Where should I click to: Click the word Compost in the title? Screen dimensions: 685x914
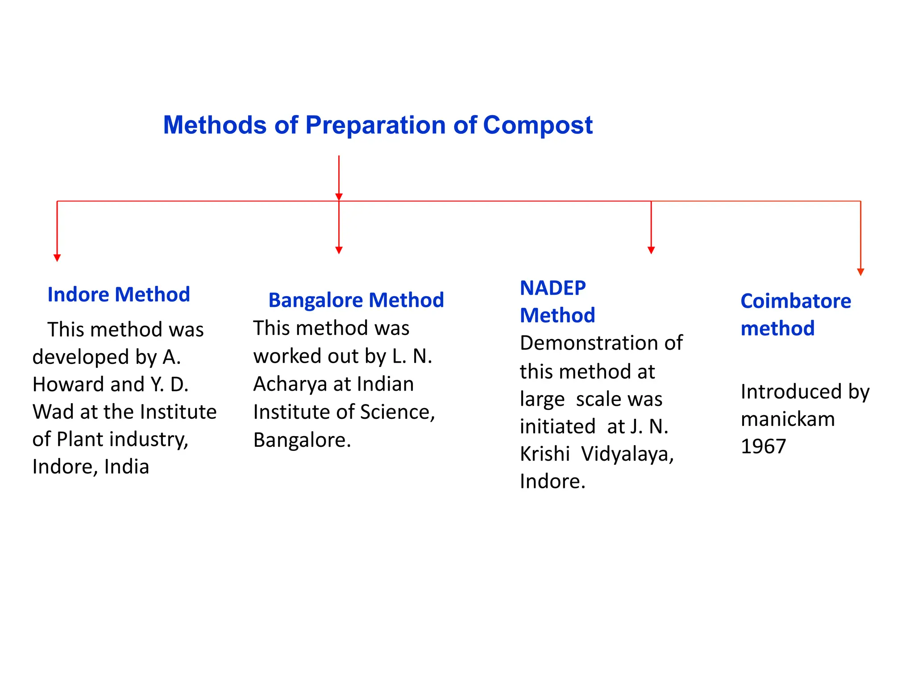pyautogui.click(x=537, y=125)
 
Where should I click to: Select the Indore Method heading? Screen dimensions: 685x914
pyautogui.click(x=119, y=295)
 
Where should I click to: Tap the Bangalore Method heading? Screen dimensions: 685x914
pyautogui.click(x=356, y=300)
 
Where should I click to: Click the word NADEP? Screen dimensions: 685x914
pyautogui.click(x=553, y=288)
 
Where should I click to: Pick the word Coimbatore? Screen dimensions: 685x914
pyautogui.click(x=795, y=301)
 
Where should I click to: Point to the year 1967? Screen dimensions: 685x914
pyautogui.click(x=763, y=446)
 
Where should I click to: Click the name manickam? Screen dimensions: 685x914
pyautogui.click(x=787, y=419)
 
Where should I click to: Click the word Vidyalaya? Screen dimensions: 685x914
pyautogui.click(x=627, y=454)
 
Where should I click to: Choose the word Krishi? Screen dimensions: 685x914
pyautogui.click(x=544, y=454)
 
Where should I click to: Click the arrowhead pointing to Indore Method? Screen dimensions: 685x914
pyautogui.click(x=57, y=258)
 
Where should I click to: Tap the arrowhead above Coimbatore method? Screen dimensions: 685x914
pyautogui.click(x=860, y=272)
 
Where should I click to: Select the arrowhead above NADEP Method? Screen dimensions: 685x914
pyautogui.click(x=651, y=250)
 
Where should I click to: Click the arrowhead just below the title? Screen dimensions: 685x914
pyautogui.click(x=339, y=197)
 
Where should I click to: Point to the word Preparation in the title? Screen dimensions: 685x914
pyautogui.click(x=375, y=125)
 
